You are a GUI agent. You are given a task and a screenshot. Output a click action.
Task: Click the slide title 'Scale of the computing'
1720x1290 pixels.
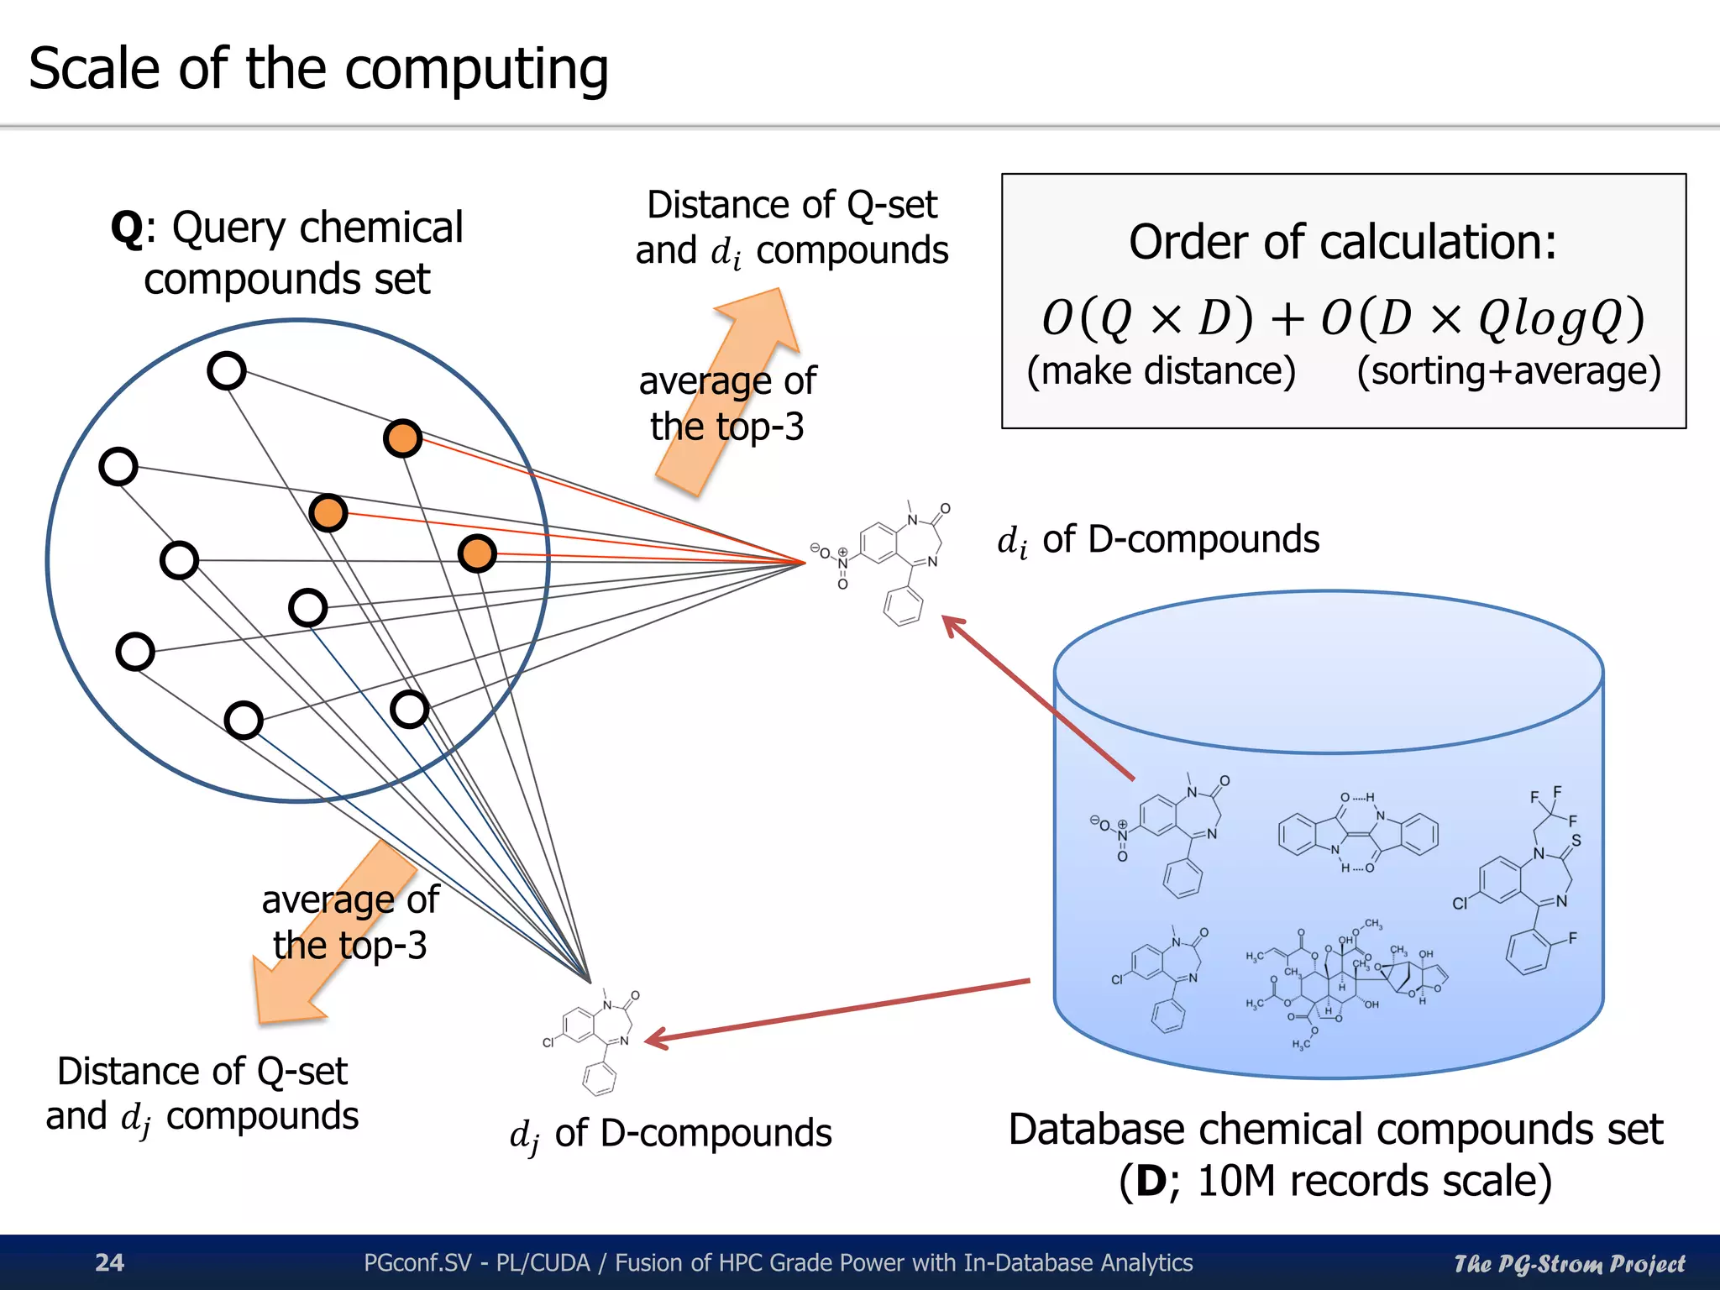click(318, 69)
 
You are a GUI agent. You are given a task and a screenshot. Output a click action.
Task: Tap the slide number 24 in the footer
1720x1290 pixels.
click(109, 1262)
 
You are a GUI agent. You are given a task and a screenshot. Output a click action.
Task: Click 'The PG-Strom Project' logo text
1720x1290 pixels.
click(1569, 1263)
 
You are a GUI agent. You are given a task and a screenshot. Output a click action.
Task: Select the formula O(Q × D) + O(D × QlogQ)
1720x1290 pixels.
click(1342, 317)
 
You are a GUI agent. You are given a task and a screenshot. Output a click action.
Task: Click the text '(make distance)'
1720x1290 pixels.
click(1161, 371)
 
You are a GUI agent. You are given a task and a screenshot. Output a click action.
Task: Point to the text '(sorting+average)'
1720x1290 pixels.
click(1508, 371)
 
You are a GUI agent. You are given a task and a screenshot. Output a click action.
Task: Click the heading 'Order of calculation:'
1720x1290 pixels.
click(1342, 242)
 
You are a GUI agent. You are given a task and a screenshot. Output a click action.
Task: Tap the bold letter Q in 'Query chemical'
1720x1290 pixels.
click(126, 228)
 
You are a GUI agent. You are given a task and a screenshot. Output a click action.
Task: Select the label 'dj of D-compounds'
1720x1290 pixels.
click(670, 1134)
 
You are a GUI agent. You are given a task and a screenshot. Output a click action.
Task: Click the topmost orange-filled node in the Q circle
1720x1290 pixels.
click(402, 438)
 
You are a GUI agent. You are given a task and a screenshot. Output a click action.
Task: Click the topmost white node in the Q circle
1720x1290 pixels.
click(226, 370)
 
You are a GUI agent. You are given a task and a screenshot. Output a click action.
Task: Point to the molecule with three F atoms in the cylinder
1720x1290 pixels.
click(1529, 882)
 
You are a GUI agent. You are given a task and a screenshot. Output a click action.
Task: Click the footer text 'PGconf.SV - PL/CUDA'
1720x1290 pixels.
click(477, 1262)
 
